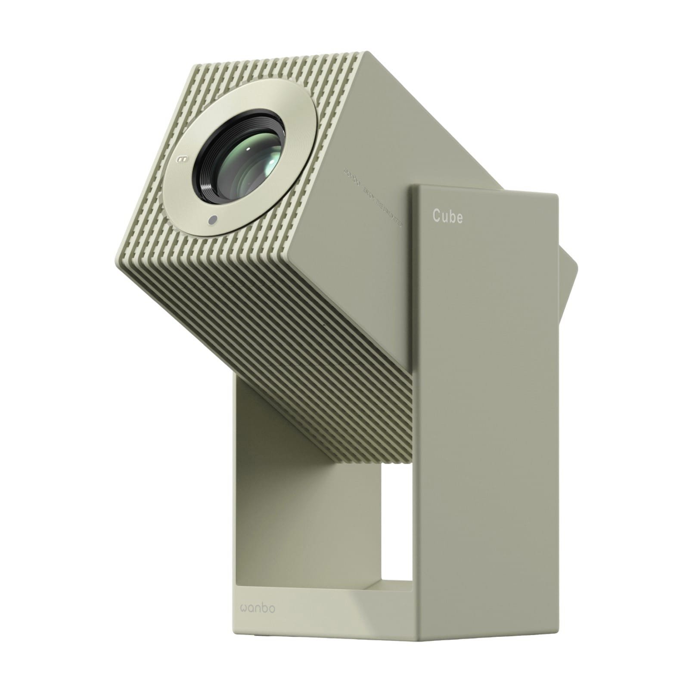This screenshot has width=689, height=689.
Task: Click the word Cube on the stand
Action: pyautogui.click(x=448, y=217)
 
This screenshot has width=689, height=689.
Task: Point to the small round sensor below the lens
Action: pyautogui.click(x=211, y=220)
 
